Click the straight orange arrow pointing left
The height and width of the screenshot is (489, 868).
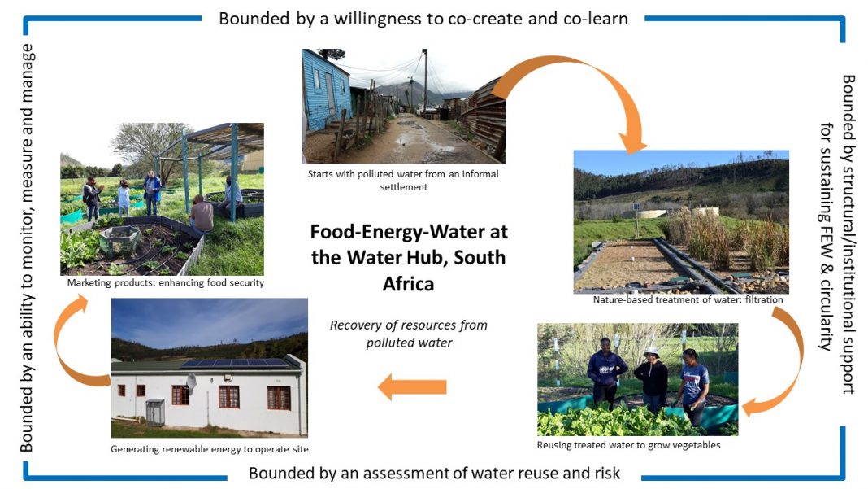[x=412, y=386]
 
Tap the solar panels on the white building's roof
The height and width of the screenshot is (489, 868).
[x=235, y=363]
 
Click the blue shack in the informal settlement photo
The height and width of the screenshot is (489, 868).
[x=324, y=91]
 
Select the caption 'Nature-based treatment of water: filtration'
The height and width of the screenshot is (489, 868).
[x=688, y=299]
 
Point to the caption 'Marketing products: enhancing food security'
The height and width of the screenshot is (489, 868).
[x=166, y=283]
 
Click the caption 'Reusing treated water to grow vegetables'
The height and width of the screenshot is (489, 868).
[x=629, y=444]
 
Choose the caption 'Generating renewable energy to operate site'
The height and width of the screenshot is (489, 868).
[x=209, y=449]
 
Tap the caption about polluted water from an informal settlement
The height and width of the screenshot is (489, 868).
[x=403, y=180]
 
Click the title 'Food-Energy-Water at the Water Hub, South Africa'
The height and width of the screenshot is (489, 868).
[x=409, y=257]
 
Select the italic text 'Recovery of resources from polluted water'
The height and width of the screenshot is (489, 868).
[x=409, y=334]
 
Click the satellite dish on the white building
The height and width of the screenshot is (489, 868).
[x=191, y=382]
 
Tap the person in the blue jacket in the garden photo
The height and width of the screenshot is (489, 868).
[x=152, y=193]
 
